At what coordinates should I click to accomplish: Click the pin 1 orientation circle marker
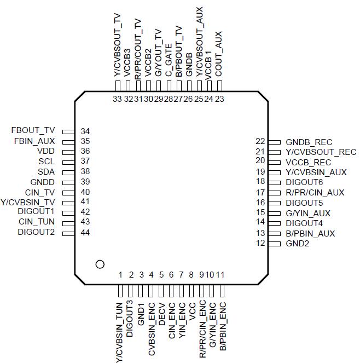click(100, 264)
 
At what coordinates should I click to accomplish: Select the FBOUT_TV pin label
click(33, 131)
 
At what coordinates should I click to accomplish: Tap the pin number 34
click(85, 131)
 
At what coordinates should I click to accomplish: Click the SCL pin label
click(46, 162)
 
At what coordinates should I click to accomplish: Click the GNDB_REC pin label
click(309, 142)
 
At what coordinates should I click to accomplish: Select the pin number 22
click(260, 141)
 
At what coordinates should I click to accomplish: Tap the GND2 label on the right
click(298, 244)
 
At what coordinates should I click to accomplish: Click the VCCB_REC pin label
click(308, 162)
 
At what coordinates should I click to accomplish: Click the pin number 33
click(117, 99)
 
